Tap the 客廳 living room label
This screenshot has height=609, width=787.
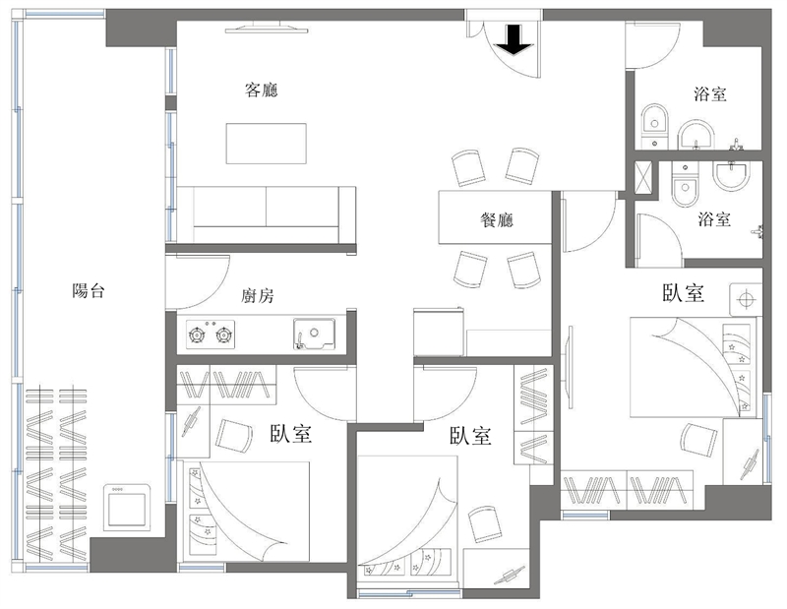261,90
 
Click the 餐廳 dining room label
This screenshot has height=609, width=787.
497,219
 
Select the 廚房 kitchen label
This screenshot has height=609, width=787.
258,296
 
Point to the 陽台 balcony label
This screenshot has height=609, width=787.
89,290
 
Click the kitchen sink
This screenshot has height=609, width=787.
314,334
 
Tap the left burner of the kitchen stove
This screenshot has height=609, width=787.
196,334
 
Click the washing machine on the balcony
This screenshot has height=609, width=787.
127,507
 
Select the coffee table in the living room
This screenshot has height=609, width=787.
266,143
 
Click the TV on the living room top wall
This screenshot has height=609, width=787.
266,29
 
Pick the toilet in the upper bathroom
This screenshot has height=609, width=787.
654,127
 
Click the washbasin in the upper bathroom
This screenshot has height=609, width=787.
696,136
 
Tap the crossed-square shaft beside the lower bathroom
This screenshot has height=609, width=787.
643,177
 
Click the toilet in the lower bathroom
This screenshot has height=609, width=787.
685,184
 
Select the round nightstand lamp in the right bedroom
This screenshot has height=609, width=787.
746,300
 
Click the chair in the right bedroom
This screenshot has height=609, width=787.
698,440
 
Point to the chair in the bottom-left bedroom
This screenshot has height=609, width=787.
234,436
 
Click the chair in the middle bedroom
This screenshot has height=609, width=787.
484,523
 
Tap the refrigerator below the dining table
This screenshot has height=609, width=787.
438,332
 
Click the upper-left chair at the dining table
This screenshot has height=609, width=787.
468,167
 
